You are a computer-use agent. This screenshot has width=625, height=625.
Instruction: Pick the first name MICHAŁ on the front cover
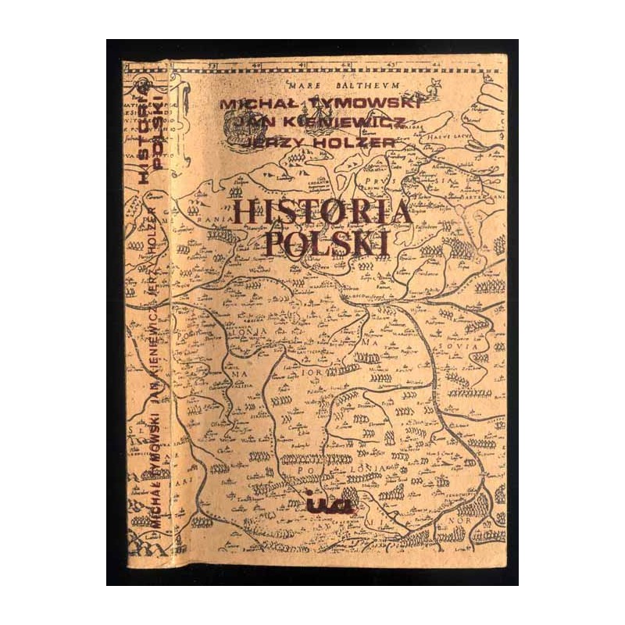[256, 104]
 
